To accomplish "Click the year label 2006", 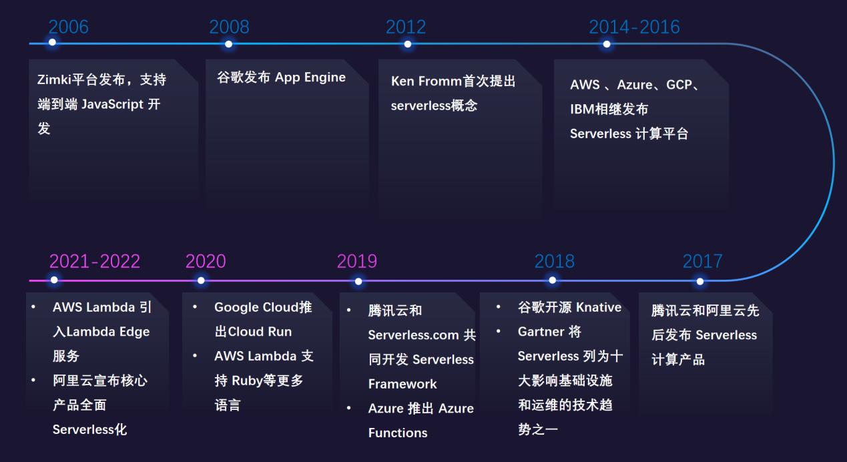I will pyautogui.click(x=68, y=27).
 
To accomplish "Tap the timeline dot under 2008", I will pyautogui.click(x=229, y=44).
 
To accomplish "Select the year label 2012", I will pyautogui.click(x=405, y=27).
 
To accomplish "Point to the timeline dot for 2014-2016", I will pyautogui.click(x=606, y=44).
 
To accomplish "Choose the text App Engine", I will pyautogui.click(x=310, y=77).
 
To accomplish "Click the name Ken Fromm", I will pyautogui.click(x=427, y=81).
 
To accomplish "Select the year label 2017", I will pyautogui.click(x=702, y=261).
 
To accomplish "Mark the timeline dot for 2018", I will pyautogui.click(x=553, y=280).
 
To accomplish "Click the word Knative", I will pyautogui.click(x=599, y=307).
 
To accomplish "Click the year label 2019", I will pyautogui.click(x=356, y=261).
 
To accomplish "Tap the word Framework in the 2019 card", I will pyautogui.click(x=402, y=384).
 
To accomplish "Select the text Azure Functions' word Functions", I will pyautogui.click(x=398, y=433).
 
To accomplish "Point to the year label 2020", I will pyautogui.click(x=206, y=261).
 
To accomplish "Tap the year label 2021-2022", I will pyautogui.click(x=95, y=261).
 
